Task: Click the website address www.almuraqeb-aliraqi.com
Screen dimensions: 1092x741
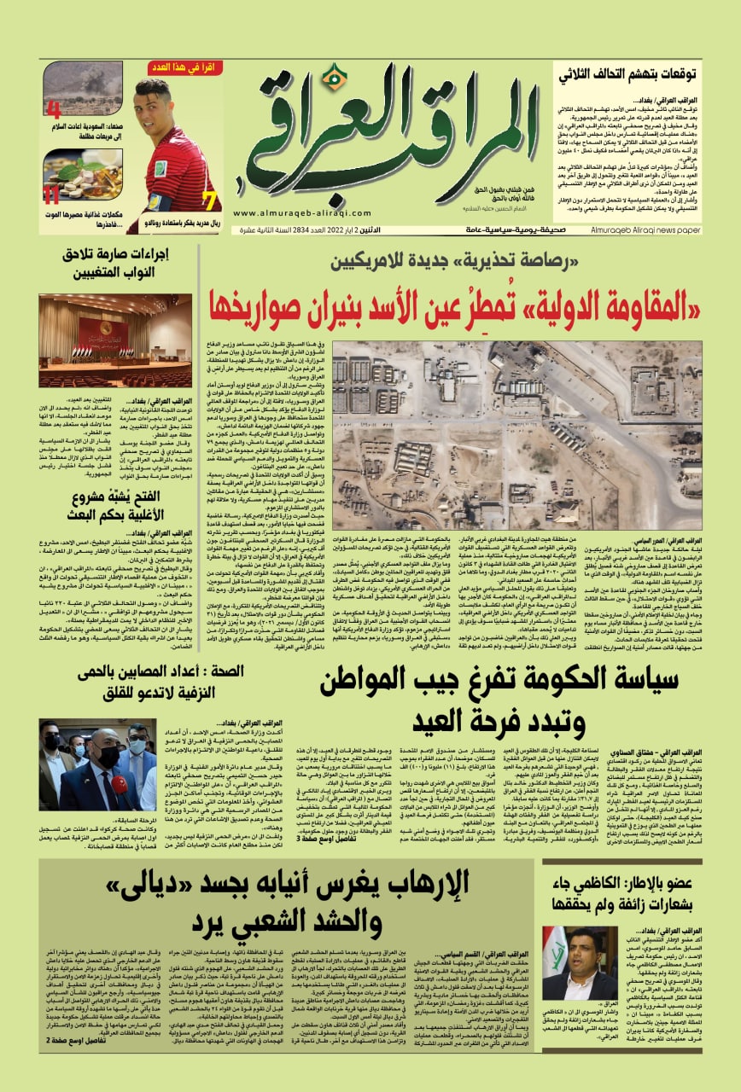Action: click(x=287, y=214)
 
